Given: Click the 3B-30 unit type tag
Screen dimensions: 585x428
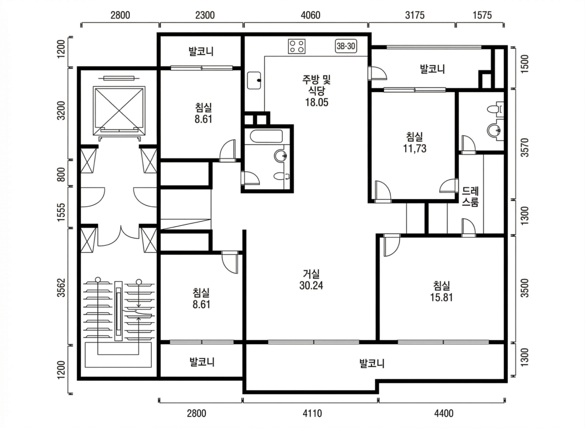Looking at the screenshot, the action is coord(346,46).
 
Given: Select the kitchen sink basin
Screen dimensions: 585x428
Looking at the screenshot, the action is coord(254,80).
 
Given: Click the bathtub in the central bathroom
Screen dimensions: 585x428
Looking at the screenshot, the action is coord(266,136).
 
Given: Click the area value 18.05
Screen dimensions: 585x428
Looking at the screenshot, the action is coord(317,102).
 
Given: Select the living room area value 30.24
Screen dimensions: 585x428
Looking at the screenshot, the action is coord(311,285).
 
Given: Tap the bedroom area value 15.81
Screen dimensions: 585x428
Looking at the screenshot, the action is coord(441,297).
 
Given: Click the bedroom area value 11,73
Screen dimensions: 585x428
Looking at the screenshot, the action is coord(415,148).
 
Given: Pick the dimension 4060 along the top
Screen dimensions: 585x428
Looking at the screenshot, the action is coord(311,15).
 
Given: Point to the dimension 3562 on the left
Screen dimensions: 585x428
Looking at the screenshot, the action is coord(61,287).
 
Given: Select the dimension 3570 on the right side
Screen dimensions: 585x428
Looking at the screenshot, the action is coord(525,147).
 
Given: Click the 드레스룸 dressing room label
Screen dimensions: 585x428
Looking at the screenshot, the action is coord(470,196).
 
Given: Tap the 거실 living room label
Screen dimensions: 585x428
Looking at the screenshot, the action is coord(311,274).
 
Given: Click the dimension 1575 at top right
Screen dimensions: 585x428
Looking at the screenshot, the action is coord(482,15).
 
